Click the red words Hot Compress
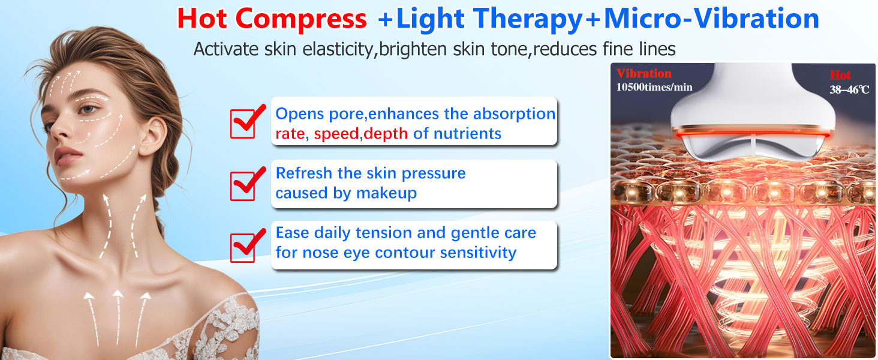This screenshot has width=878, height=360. click(272, 19)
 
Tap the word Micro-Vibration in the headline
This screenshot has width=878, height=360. click(711, 19)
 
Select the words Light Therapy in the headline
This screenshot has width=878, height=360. click(489, 19)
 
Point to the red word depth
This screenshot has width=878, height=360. click(386, 134)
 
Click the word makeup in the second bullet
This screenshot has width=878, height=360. click(386, 193)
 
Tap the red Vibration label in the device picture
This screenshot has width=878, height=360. click(644, 74)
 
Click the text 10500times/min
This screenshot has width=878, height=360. click(654, 88)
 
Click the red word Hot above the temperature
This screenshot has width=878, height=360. click(840, 76)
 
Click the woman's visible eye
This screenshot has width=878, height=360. click(87, 110)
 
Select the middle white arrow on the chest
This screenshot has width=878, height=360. click(118, 315)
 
